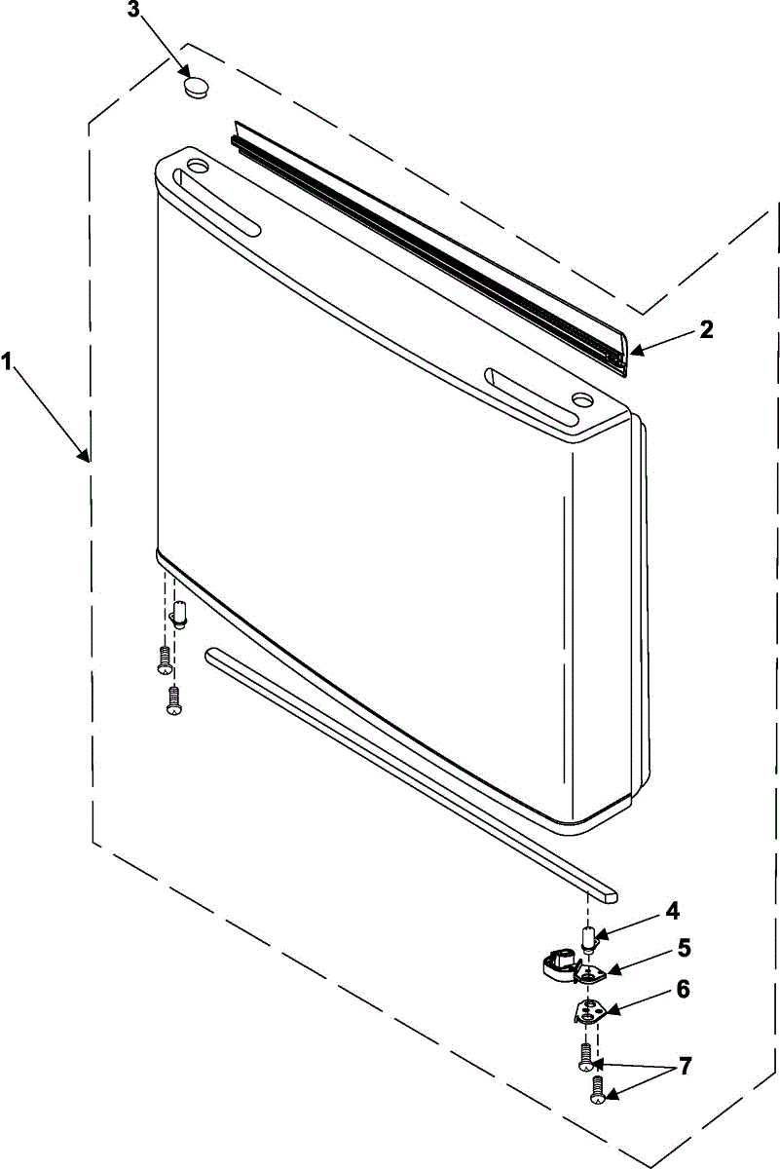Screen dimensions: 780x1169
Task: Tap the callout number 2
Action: [x=706, y=329]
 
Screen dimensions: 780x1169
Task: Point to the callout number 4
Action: [x=672, y=913]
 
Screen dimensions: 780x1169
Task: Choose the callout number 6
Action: [x=684, y=990]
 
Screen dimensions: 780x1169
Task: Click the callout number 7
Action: [x=686, y=1067]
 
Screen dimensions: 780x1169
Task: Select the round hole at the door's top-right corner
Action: [x=582, y=398]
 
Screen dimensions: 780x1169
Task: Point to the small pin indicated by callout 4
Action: [x=589, y=940]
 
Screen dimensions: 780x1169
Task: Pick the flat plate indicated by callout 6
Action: [x=588, y=1012]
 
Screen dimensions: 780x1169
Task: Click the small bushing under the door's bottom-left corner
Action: [x=178, y=614]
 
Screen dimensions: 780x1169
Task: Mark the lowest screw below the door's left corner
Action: [x=174, y=700]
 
